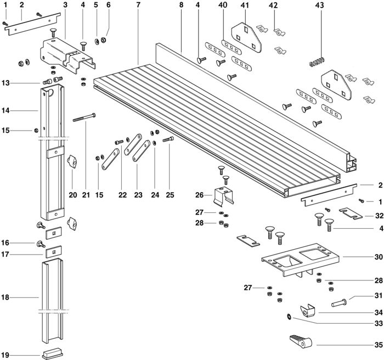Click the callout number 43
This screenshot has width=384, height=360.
(319, 5)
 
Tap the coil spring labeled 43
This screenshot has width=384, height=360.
(317, 62)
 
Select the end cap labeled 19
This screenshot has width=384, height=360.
(53, 354)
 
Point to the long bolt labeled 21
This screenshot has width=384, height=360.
(84, 117)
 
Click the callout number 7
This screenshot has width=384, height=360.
(138, 5)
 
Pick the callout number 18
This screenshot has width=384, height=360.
(5, 297)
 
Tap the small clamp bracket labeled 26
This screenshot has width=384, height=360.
(224, 195)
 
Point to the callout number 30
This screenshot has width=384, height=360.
(379, 257)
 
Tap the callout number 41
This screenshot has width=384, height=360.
(245, 5)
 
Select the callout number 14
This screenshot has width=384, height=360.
(5, 111)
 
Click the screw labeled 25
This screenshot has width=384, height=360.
(168, 139)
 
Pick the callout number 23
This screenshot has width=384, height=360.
(138, 195)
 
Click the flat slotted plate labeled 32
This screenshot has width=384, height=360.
(351, 213)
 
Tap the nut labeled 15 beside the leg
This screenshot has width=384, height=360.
(36, 131)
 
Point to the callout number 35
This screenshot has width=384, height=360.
(379, 345)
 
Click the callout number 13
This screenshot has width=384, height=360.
(5, 83)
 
